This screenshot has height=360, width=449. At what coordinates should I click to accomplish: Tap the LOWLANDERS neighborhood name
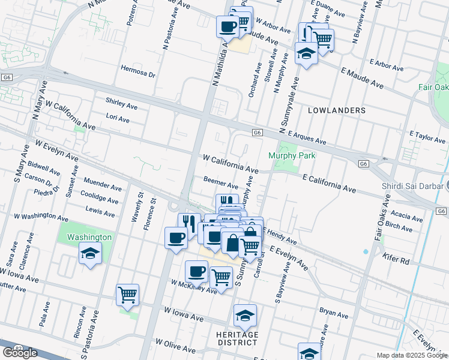pyautogui.click(x=337, y=110)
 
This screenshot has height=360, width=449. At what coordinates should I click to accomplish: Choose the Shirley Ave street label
pyautogui.click(x=122, y=104)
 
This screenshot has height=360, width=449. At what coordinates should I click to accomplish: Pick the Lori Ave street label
pyautogui.click(x=118, y=119)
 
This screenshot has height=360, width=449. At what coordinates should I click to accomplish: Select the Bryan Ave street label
pyautogui.click(x=334, y=313)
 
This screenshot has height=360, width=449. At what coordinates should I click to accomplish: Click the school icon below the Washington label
pyautogui.click(x=89, y=254)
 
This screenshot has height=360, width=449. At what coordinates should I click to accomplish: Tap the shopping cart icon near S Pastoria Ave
pyautogui.click(x=128, y=295)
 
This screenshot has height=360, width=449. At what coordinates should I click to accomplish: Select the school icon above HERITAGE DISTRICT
pyautogui.click(x=245, y=315)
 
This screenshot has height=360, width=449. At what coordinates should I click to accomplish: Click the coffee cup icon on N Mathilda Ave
pyautogui.click(x=228, y=26)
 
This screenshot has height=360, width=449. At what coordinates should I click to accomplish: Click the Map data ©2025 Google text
pyautogui.click(x=412, y=355)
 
